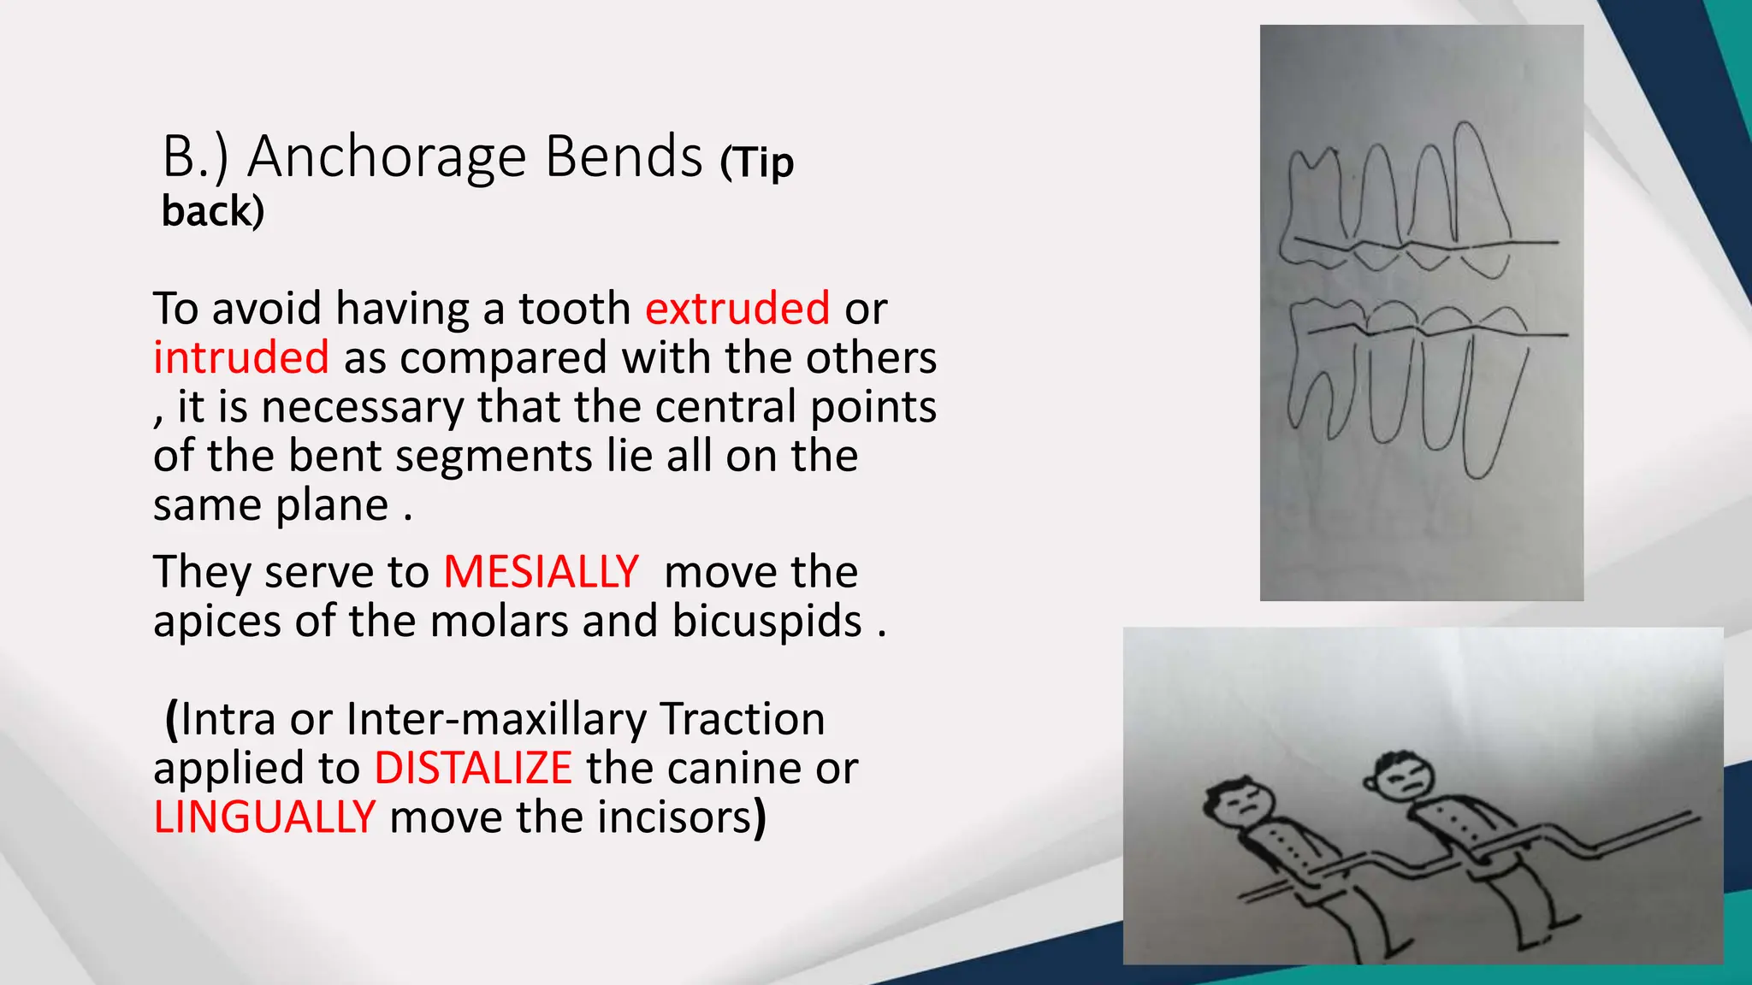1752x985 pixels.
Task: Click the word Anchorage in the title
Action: tap(387, 157)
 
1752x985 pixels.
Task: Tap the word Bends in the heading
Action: tap(624, 157)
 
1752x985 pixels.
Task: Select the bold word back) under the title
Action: tap(213, 211)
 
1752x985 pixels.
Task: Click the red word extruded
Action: tap(737, 308)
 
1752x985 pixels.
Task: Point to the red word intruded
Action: tap(240, 357)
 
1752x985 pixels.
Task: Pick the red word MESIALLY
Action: tap(541, 571)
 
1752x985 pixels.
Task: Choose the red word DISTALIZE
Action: tap(473, 768)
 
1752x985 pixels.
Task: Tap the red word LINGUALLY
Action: tap(263, 817)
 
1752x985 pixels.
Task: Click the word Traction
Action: tap(743, 719)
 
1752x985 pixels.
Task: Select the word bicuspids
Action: tap(766, 621)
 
